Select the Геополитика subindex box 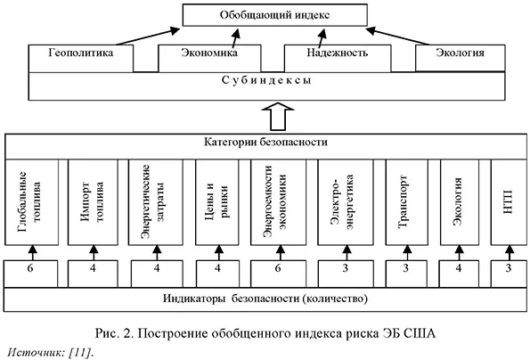click(x=83, y=53)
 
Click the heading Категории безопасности click(x=265, y=143)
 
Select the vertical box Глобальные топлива click(x=35, y=203)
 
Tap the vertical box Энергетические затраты click(x=156, y=203)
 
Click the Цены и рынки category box click(x=218, y=203)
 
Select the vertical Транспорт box click(x=405, y=203)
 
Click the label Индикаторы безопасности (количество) click(x=265, y=298)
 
